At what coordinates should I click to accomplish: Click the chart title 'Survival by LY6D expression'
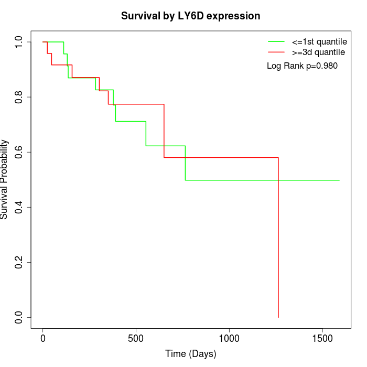(x=190, y=16)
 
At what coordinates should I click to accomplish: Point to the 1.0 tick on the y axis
(x=19, y=42)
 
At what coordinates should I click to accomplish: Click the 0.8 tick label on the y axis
(x=19, y=97)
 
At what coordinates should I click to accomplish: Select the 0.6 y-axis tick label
(x=19, y=152)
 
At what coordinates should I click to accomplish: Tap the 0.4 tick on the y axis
(x=19, y=207)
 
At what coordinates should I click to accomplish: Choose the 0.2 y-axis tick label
(x=19, y=262)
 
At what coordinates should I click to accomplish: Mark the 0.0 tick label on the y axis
(x=19, y=317)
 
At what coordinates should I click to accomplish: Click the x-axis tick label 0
(x=43, y=339)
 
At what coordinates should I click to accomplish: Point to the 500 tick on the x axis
(x=136, y=339)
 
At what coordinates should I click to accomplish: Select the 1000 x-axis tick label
(x=229, y=339)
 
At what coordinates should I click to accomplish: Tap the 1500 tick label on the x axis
(x=322, y=339)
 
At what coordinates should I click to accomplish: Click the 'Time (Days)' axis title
(x=190, y=354)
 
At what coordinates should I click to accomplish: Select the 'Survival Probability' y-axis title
(x=5, y=179)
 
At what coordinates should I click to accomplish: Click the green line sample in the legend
(x=276, y=41)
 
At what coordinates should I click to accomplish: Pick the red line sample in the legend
(x=276, y=52)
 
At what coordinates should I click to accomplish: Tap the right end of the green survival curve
(x=339, y=180)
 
